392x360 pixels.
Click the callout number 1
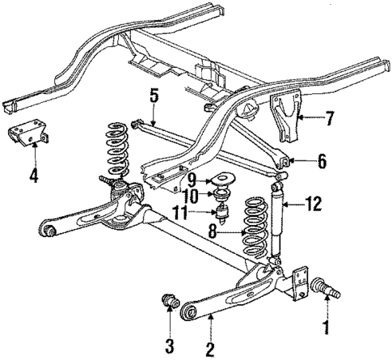(x=327, y=328)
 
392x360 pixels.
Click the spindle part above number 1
(x=327, y=286)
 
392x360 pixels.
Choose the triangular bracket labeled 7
(x=287, y=120)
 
